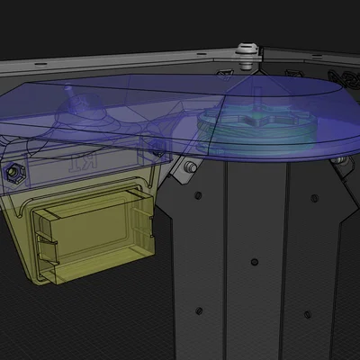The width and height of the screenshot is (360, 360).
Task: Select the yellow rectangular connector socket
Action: [x=90, y=232]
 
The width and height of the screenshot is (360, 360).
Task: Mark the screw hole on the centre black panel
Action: [x=255, y=262]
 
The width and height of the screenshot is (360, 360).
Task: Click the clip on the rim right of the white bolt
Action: [x=292, y=70]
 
